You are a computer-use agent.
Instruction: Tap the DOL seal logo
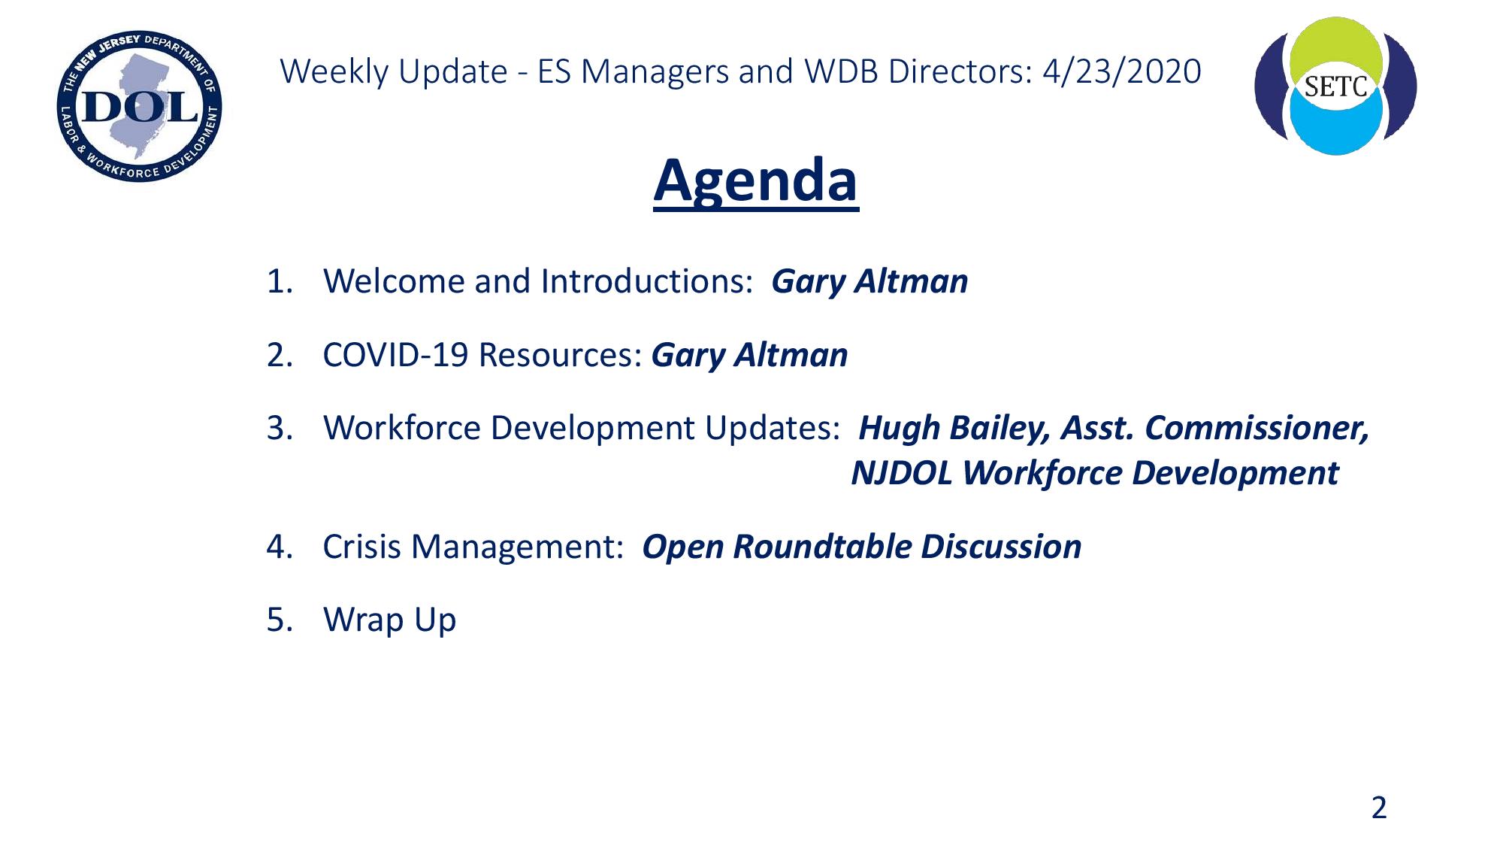pyautogui.click(x=140, y=106)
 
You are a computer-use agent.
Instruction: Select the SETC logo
pyautogui.click(x=1335, y=86)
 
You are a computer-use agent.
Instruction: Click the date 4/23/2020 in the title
pyautogui.click(x=1122, y=71)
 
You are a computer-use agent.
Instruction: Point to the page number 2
pyautogui.click(x=1379, y=807)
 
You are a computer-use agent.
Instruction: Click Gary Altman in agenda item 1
pyautogui.click(x=869, y=282)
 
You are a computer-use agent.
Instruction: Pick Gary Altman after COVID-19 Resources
pyautogui.click(x=749, y=355)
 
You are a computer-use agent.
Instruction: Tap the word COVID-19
pyautogui.click(x=395, y=355)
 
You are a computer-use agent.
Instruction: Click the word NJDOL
pyautogui.click(x=901, y=473)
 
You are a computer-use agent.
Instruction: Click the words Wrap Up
pyautogui.click(x=389, y=620)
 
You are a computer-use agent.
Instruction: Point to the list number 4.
pyautogui.click(x=280, y=547)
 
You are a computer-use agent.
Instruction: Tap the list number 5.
pyautogui.click(x=280, y=620)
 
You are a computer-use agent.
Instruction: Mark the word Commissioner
pyautogui.click(x=1257, y=428)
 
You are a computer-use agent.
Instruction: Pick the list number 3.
pyautogui.click(x=280, y=428)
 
